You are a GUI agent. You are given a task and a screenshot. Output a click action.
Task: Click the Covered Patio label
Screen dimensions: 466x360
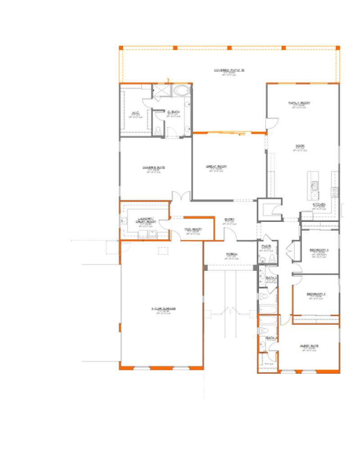pyautogui.click(x=229, y=70)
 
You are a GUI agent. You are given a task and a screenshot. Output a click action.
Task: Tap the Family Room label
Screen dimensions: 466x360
pyautogui.click(x=299, y=103)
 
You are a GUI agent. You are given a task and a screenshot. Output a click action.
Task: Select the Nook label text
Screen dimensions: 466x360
pyautogui.click(x=300, y=146)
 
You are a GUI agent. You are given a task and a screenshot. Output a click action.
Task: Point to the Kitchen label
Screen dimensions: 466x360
pyautogui.click(x=319, y=204)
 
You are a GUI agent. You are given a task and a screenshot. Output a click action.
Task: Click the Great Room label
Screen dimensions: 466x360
pyautogui.click(x=216, y=166)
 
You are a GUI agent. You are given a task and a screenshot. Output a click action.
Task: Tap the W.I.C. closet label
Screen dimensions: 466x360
pyautogui.click(x=135, y=112)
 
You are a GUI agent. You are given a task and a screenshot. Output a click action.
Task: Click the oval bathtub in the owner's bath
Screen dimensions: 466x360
pyautogui.click(x=182, y=91)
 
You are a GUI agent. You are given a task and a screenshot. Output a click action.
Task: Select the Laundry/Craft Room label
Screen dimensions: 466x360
pyautogui.click(x=147, y=221)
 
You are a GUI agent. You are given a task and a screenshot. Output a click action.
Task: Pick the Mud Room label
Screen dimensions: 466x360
pyautogui.click(x=192, y=229)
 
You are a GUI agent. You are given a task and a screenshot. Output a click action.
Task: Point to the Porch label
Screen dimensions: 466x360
pyautogui.click(x=231, y=254)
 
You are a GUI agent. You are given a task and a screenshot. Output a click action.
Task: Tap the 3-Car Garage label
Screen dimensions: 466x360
pyautogui.click(x=163, y=309)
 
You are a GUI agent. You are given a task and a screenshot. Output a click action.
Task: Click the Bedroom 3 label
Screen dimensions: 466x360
pyautogui.click(x=319, y=250)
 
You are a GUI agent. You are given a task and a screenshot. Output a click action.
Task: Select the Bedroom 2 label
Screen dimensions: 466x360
pyautogui.click(x=316, y=294)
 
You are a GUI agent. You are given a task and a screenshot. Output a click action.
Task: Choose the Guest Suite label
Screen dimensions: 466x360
pyautogui.click(x=309, y=346)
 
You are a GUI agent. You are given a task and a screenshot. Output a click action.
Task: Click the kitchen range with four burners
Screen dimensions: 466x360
pyautogui.click(x=335, y=192)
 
